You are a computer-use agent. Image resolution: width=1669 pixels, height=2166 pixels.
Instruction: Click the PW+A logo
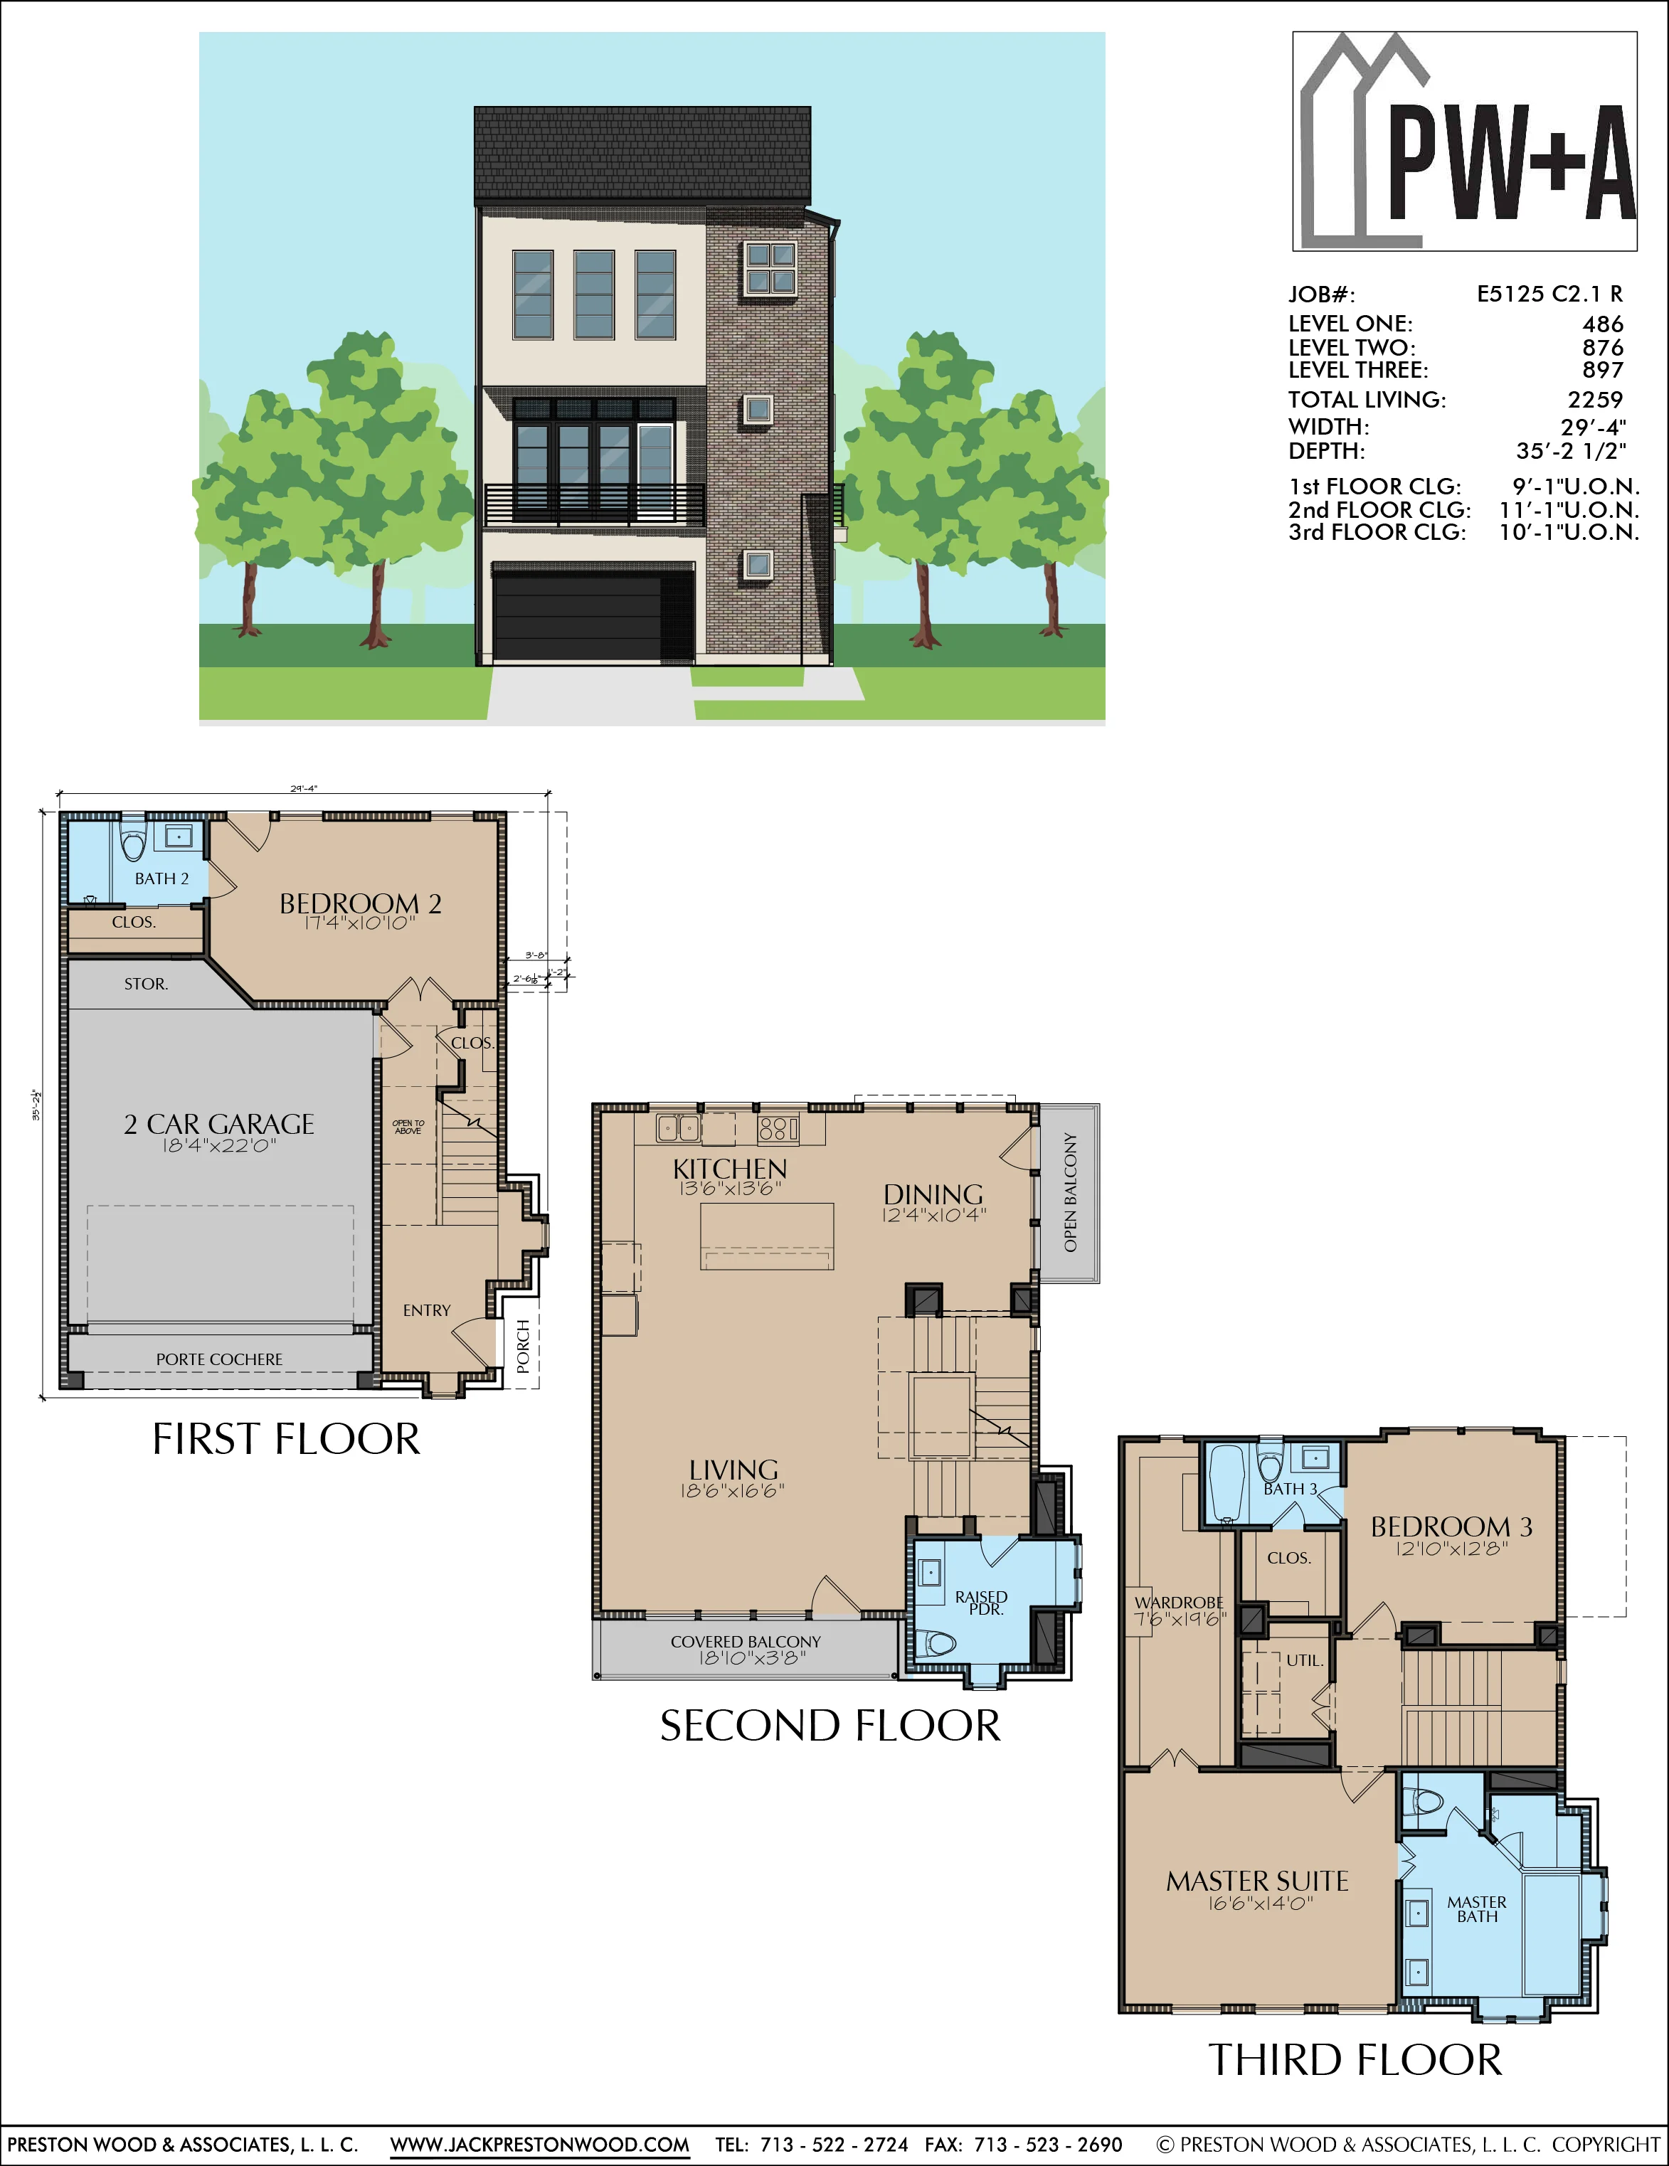coord(1465,141)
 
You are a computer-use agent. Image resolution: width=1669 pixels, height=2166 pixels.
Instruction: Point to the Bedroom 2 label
coord(360,903)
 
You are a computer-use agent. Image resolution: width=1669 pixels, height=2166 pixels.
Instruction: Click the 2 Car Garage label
coord(219,1124)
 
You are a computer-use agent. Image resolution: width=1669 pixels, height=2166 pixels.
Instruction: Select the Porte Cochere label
coord(219,1359)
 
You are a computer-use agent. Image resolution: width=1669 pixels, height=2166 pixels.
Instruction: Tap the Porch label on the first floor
coord(524,1347)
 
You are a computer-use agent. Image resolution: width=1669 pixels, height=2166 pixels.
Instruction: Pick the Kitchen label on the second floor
coord(730,1169)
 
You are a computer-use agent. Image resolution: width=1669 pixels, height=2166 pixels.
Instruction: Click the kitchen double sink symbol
coord(678,1127)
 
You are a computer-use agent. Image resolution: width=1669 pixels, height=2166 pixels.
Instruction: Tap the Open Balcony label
coord(1070,1193)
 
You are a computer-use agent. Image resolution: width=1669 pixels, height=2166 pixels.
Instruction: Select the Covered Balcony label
coord(746,1641)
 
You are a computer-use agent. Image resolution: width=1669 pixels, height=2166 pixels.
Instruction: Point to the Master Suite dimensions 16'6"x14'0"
coord(1259,1904)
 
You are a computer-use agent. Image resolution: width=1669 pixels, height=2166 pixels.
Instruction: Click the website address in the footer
coord(539,2144)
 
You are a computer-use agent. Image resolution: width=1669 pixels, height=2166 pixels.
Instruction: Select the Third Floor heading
coord(1355,2060)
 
